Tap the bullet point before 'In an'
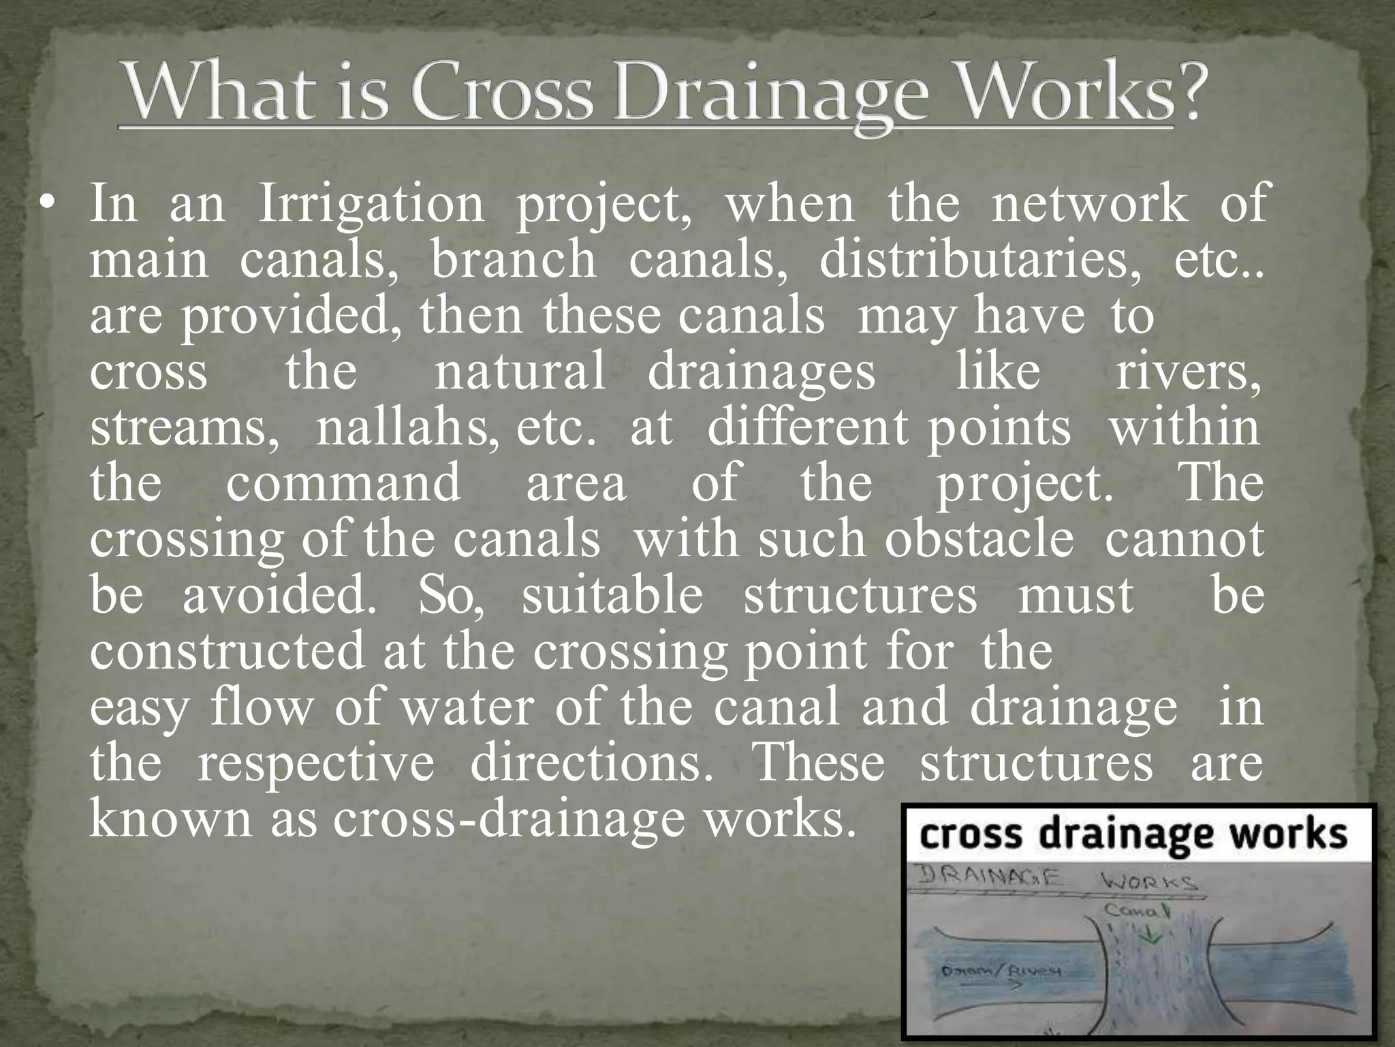click(x=46, y=204)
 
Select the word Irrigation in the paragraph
click(x=371, y=204)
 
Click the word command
click(x=343, y=483)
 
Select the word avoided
click(x=279, y=595)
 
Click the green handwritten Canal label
click(x=1136, y=910)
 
